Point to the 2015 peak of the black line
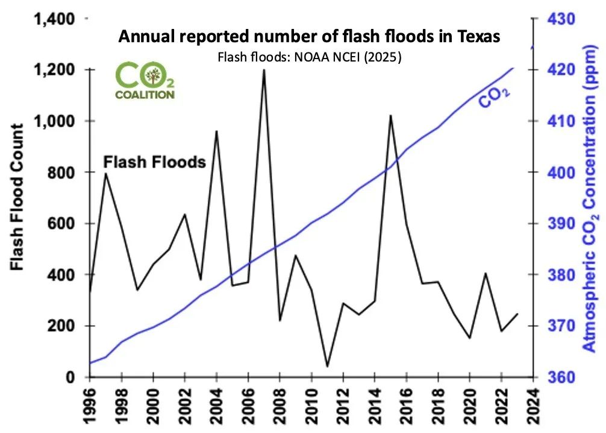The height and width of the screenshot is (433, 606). click(x=390, y=115)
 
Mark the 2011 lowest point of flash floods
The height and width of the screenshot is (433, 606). click(x=327, y=366)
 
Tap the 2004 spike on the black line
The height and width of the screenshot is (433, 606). click(x=216, y=131)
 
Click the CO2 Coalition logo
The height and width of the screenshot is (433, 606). click(x=145, y=81)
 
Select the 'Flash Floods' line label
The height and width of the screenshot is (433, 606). click(x=155, y=162)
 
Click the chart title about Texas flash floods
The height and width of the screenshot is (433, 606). click(x=309, y=36)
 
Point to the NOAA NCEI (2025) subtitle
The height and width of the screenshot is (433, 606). click(x=309, y=57)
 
